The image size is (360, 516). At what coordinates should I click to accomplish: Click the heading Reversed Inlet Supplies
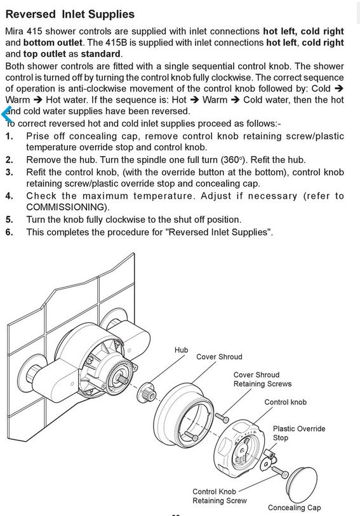[x=70, y=14]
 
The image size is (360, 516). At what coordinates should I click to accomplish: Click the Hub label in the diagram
[x=182, y=350]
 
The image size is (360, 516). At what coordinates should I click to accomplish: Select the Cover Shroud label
[x=219, y=357]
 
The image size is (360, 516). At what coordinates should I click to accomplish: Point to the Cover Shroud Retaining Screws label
[x=263, y=379]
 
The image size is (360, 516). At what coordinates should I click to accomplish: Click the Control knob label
[x=285, y=402]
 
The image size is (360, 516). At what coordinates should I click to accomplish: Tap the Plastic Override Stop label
[x=299, y=433]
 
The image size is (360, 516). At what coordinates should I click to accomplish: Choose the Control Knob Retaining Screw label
[x=220, y=496]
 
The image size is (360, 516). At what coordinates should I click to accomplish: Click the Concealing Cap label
[x=294, y=508]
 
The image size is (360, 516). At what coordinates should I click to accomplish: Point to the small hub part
[x=145, y=391]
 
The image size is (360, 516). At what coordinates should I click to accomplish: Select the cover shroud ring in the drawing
[x=185, y=411]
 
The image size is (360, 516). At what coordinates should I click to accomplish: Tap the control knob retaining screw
[x=280, y=472]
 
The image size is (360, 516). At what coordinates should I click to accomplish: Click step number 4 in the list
[x=9, y=196]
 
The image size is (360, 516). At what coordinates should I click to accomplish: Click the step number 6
[x=9, y=232]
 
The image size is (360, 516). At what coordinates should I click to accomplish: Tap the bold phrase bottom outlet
[x=53, y=43]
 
